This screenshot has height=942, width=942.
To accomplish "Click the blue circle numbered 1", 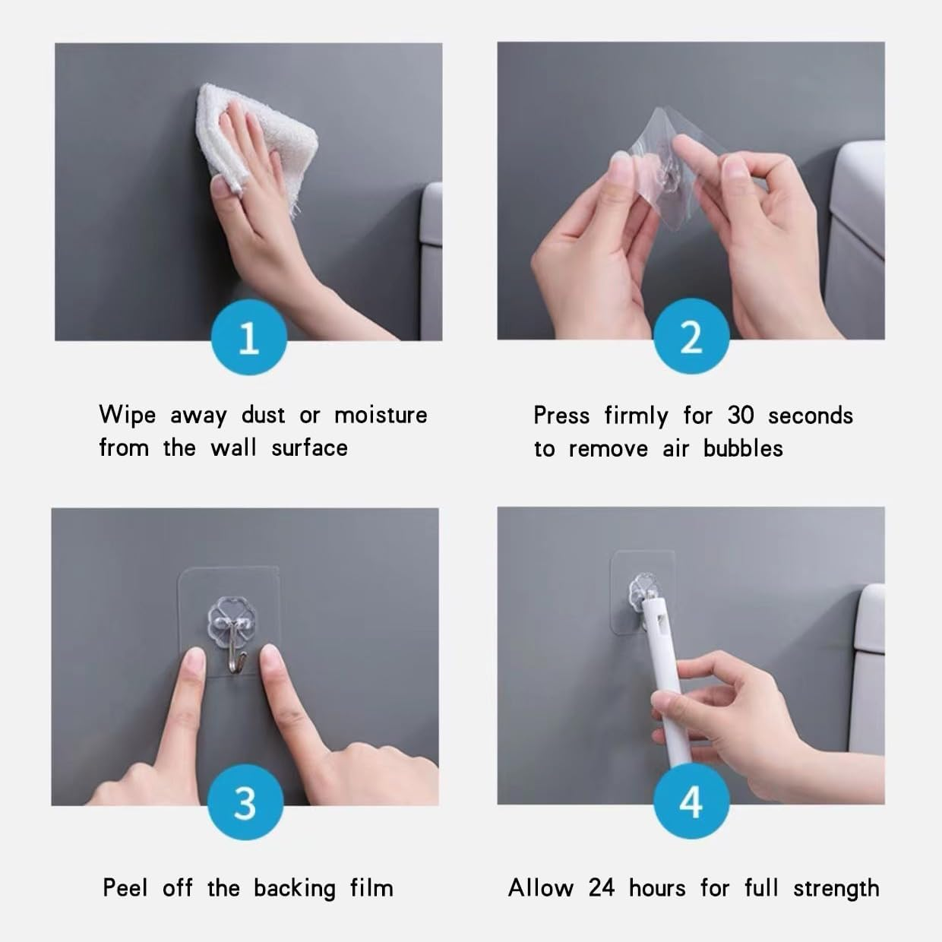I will (x=249, y=337).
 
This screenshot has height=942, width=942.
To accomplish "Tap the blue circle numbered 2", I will (x=691, y=337).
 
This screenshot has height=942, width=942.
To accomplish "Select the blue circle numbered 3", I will (x=245, y=803).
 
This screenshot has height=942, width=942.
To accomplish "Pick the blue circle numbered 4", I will (x=691, y=803).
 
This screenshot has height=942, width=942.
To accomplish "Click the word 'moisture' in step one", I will (x=381, y=415).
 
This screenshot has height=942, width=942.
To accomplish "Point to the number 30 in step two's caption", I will (x=740, y=415).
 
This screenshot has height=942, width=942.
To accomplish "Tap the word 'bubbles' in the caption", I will (x=742, y=448).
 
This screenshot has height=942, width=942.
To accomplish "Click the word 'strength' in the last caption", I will (x=836, y=889).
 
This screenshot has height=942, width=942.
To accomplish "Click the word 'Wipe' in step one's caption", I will (x=127, y=415).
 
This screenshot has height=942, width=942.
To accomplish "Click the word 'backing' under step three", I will (x=294, y=889).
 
